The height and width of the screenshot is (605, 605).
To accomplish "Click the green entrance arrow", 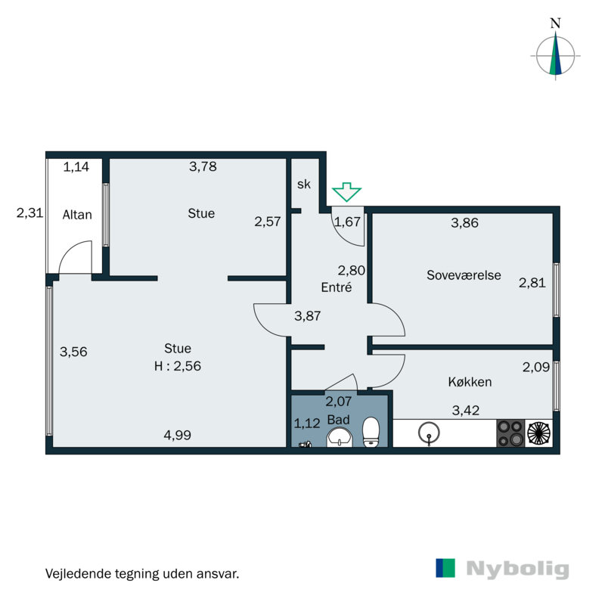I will point(347,192).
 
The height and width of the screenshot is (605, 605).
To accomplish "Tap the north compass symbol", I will point(556,54).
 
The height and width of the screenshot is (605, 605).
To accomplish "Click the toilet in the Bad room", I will point(371,432).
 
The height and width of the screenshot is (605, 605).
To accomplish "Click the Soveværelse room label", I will point(464,275).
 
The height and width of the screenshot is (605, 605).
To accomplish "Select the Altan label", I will point(77,215).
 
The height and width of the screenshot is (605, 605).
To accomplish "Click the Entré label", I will point(337,287).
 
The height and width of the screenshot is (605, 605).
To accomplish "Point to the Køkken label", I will point(469,382).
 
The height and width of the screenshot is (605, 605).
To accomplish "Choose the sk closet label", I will point(303,185).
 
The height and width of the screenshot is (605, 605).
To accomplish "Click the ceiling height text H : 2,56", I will point(178,365).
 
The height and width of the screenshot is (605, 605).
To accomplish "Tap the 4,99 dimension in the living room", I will point(178,434).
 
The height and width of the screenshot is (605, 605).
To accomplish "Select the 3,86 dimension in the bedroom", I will point(465,223).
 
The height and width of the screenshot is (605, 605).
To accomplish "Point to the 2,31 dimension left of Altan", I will point(30,214).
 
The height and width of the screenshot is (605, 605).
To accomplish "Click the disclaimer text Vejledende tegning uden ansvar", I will point(142,573).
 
